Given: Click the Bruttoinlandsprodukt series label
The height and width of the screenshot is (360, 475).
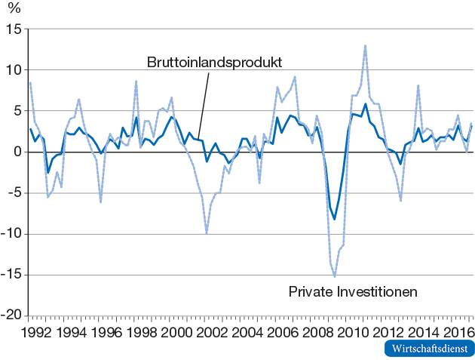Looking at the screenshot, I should pos(213,61).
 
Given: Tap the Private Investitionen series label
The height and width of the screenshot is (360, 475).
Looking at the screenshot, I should pos(353,291).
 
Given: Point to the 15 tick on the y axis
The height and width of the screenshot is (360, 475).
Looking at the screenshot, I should pos(14,29).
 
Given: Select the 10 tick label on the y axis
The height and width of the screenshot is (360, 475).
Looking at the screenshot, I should pos(14,70).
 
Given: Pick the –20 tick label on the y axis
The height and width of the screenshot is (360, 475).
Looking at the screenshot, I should pos(11,316).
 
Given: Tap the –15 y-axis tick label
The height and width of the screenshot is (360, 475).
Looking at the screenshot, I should pos(11,275).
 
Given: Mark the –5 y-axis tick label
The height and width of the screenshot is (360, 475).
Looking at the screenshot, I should pos(14,193).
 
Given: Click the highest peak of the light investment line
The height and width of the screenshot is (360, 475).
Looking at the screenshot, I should pos(366,45).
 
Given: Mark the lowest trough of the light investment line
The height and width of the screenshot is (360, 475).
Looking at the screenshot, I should pos(335,277).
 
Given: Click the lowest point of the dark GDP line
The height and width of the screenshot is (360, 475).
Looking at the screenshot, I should pos(335,220).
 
